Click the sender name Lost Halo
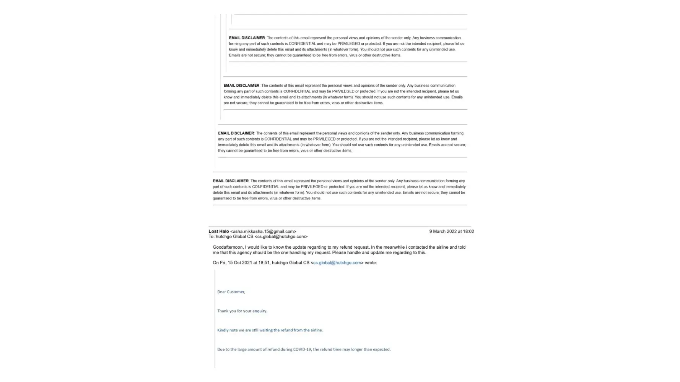coord(218,231)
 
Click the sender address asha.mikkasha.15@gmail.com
coord(263,231)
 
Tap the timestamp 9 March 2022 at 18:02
coord(451,231)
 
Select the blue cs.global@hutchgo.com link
coord(337,263)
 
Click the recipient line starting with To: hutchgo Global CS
coord(258,237)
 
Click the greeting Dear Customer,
coord(231,292)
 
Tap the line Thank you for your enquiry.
coord(242,311)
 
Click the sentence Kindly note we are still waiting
coord(270,330)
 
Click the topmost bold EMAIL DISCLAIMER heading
coord(247,38)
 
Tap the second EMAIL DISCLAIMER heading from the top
coord(241,86)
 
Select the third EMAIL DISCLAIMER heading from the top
coord(236,133)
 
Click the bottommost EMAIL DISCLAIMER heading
coord(231,181)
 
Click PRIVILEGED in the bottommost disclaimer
coord(312,187)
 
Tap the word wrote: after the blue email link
coord(371,263)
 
